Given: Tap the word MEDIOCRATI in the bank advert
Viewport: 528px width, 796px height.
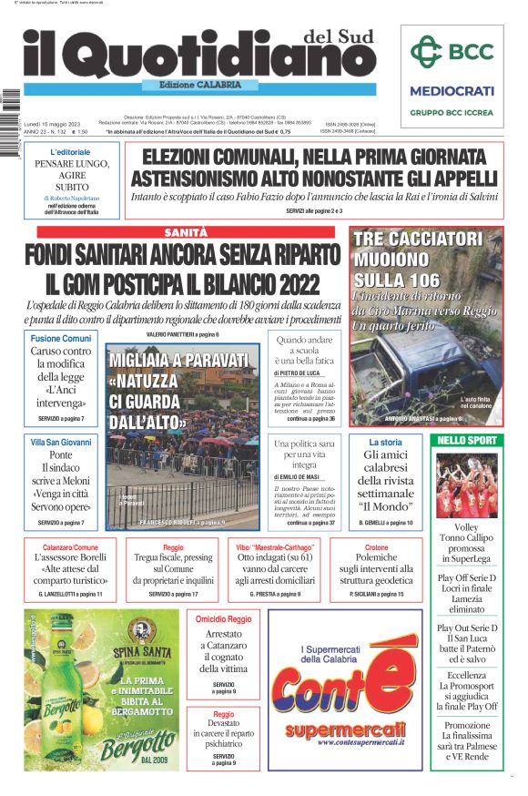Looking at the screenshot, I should (x=452, y=91).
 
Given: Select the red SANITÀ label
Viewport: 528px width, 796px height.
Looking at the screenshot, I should (x=186, y=232).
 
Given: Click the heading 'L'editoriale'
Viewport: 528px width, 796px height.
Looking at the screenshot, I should (x=70, y=152).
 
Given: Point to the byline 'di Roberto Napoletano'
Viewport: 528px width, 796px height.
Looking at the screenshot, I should (x=70, y=198).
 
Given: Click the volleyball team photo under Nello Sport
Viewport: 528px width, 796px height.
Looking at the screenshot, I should (x=467, y=485).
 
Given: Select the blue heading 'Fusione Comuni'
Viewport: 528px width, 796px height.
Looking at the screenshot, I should (x=61, y=338).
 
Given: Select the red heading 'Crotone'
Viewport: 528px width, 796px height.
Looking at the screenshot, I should (x=376, y=546).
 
